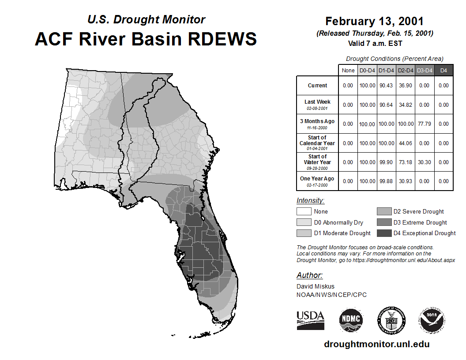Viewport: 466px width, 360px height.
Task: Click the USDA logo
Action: click(x=310, y=320)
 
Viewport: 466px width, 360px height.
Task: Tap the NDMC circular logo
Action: click(x=351, y=319)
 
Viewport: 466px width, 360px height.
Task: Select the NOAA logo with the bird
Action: click(x=432, y=320)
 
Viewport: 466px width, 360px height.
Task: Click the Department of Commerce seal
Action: click(x=391, y=320)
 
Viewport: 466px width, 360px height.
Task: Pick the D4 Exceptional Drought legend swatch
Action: click(x=384, y=233)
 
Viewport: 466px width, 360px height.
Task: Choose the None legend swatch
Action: click(x=304, y=211)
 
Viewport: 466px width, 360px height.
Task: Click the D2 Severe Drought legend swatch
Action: click(x=384, y=211)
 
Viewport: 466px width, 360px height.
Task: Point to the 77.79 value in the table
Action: click(x=425, y=124)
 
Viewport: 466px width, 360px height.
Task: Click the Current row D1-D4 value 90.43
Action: click(x=386, y=86)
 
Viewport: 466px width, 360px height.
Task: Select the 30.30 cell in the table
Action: click(x=425, y=162)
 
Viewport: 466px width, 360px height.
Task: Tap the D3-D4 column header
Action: click(x=425, y=71)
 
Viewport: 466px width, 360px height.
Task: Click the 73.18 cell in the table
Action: click(x=406, y=162)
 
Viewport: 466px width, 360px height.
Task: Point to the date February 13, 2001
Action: click(x=375, y=21)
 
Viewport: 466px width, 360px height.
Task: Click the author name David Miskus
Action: click(x=316, y=286)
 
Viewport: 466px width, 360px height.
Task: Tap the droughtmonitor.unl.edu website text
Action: click(x=377, y=344)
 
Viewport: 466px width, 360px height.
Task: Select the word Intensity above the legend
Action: click(x=310, y=200)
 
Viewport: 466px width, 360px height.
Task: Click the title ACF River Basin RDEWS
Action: click(x=146, y=39)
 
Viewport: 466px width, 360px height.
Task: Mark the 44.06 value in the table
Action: click(x=406, y=143)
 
